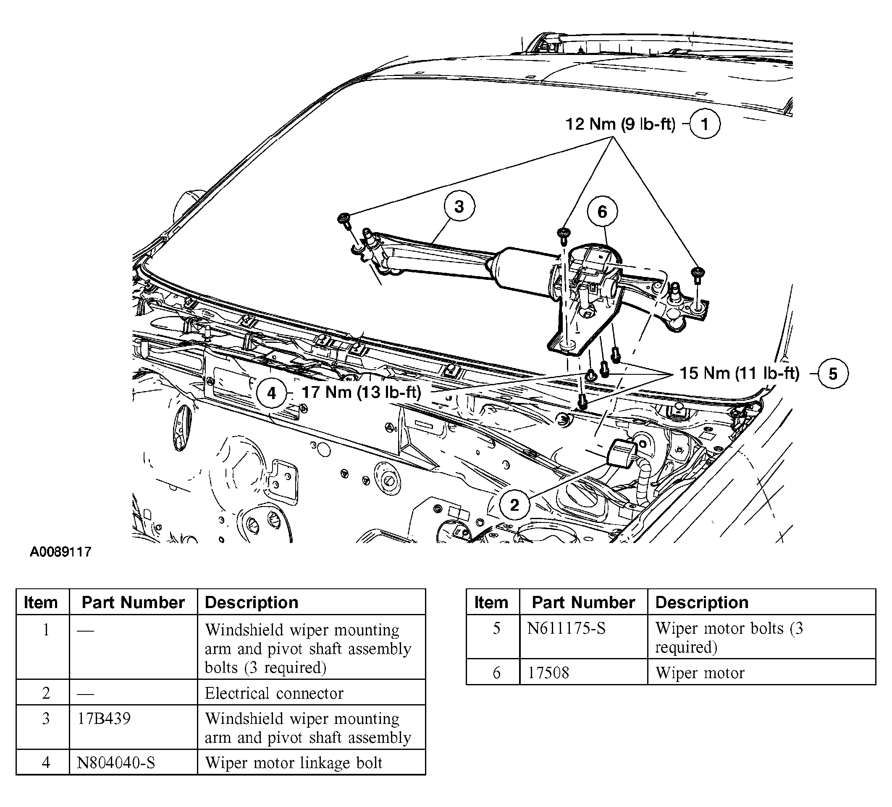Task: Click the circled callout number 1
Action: [705, 124]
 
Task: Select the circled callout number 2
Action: [514, 505]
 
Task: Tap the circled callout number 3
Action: [459, 206]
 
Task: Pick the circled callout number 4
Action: [272, 393]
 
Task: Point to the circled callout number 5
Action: [833, 374]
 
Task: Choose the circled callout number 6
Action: [602, 212]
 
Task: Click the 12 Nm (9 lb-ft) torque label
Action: [620, 124]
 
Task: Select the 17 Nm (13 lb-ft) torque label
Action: [361, 392]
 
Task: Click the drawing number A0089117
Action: [60, 552]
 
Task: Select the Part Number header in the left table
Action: [133, 602]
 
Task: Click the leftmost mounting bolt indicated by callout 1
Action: [344, 218]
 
